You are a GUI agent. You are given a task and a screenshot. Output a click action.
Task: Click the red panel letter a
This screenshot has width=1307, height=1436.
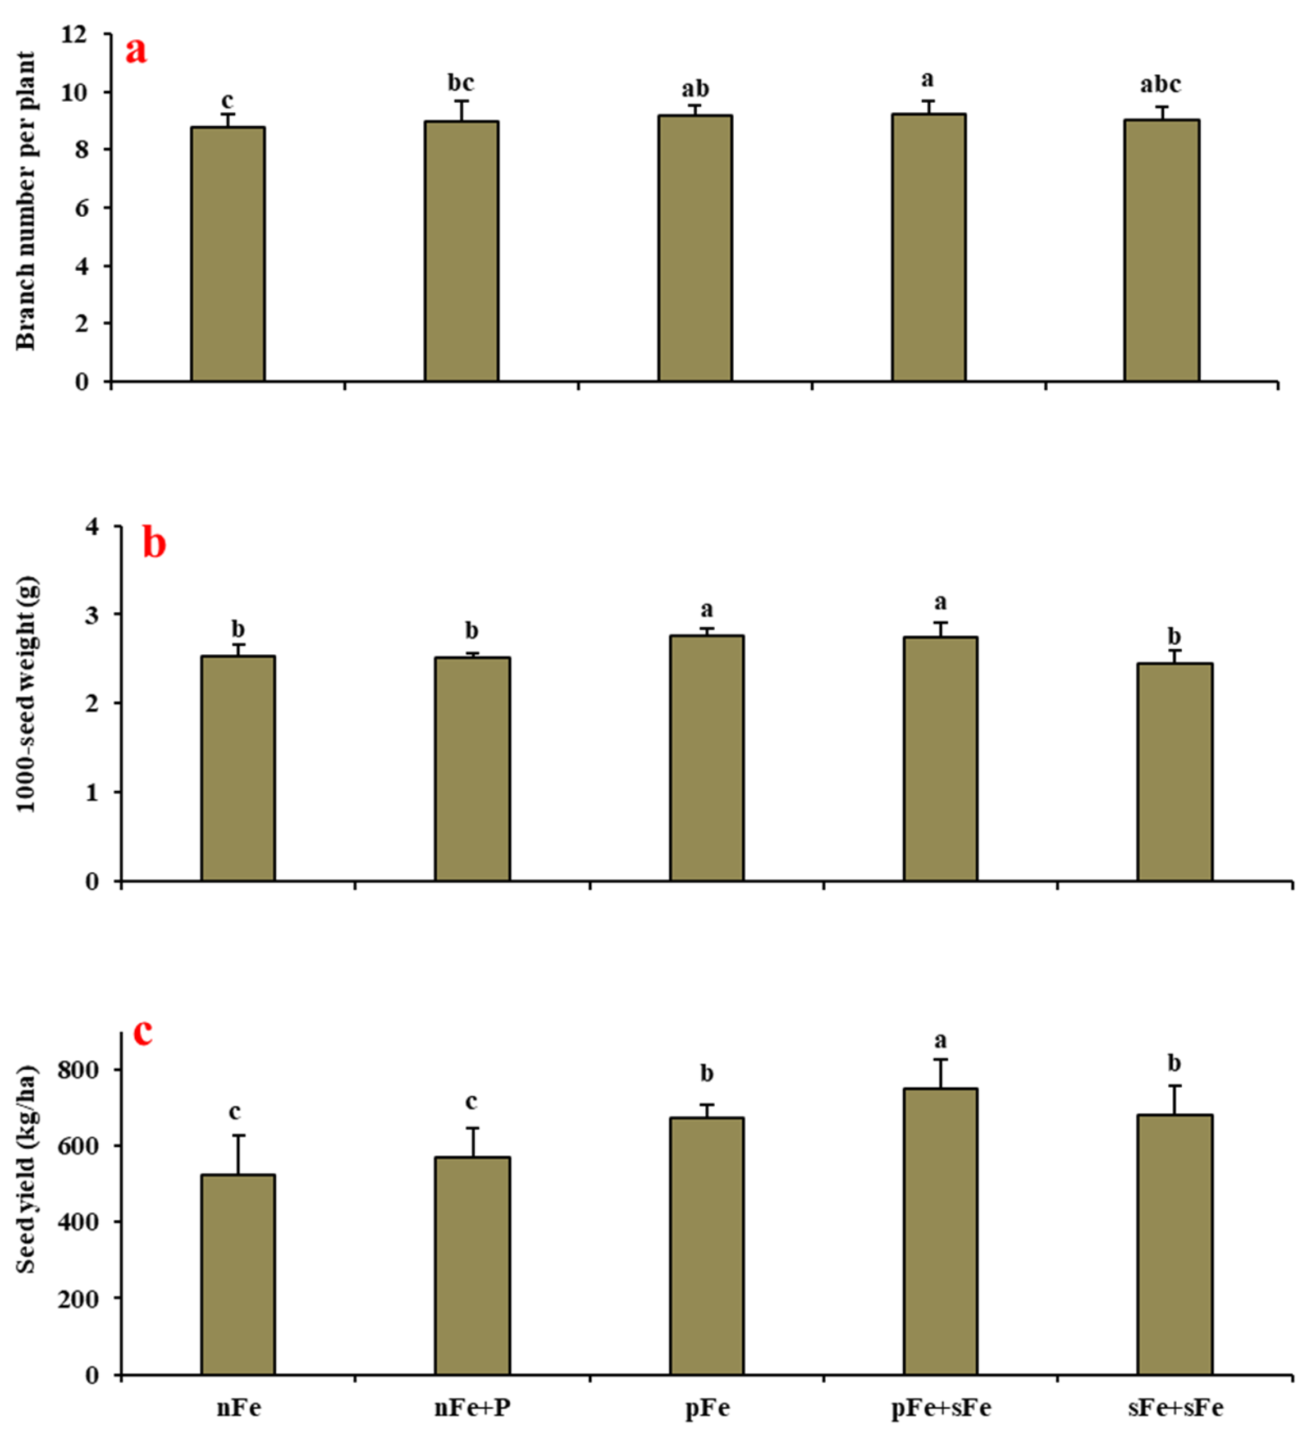(x=136, y=51)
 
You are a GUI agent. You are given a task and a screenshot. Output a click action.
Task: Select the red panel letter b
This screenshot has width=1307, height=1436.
(x=154, y=544)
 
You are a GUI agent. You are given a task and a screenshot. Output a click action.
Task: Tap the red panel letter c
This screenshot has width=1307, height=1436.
(x=143, y=1032)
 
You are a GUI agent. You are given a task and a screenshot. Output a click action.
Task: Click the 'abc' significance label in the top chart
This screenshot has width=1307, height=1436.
(x=1160, y=85)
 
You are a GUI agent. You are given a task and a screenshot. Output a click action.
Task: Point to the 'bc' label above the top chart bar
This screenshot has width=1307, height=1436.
(x=460, y=83)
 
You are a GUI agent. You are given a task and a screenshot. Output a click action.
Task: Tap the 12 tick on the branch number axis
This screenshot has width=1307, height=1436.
(x=74, y=34)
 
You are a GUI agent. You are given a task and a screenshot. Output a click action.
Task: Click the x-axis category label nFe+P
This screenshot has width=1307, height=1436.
(x=472, y=1407)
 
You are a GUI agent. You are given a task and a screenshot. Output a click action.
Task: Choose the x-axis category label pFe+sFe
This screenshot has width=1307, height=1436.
(x=940, y=1407)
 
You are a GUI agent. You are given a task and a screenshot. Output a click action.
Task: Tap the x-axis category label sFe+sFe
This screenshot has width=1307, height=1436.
(x=1175, y=1407)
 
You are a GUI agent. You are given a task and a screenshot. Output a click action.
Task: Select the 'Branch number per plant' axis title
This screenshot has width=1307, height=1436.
(x=26, y=201)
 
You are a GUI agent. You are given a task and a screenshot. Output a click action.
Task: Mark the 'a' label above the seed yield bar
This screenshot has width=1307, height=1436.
(x=940, y=1041)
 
